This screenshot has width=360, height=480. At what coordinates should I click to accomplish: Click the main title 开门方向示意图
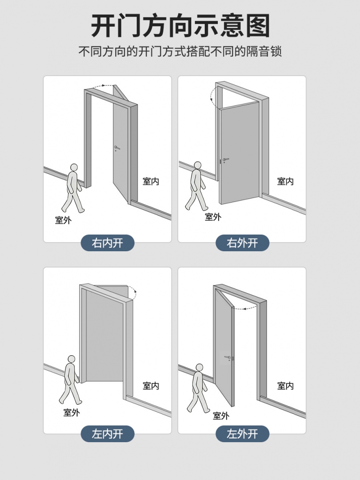(180, 25)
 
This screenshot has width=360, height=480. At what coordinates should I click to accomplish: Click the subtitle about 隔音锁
(180, 51)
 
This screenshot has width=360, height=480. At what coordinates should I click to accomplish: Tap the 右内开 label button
(108, 243)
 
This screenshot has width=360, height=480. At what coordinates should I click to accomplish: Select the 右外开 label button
(242, 243)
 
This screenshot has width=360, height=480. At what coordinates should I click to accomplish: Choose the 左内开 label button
(108, 434)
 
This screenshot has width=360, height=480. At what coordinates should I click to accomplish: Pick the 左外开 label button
(242, 434)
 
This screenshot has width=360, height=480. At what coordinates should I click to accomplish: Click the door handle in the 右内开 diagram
(117, 148)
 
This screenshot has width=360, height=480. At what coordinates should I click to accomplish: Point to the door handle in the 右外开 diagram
(226, 160)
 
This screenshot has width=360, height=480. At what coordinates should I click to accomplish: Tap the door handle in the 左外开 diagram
(228, 357)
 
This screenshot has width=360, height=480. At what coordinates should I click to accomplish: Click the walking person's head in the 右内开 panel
(74, 168)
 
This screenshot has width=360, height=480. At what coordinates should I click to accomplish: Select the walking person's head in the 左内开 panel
(71, 359)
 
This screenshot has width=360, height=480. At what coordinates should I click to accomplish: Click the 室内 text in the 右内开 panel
(151, 181)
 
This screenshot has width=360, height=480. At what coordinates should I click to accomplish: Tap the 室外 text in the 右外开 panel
(213, 217)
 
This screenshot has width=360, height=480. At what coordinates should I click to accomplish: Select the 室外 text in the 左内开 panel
(72, 412)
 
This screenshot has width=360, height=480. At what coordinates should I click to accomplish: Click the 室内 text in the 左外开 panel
(285, 386)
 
